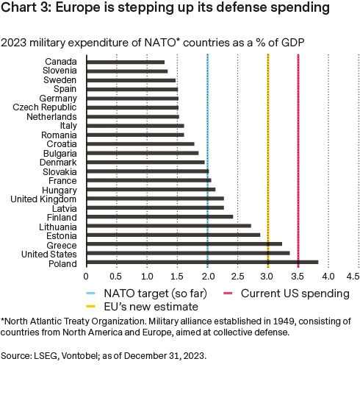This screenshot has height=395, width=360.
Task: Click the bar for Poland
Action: click(202, 262)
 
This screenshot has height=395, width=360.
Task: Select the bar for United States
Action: click(188, 252)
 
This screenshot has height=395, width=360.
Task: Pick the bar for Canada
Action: click(126, 61)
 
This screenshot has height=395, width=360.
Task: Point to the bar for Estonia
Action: click(173, 235)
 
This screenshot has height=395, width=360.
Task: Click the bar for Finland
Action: click(159, 216)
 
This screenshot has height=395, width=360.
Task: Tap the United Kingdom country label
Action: click(43, 199)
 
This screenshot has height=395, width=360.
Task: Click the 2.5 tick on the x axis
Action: click(237, 276)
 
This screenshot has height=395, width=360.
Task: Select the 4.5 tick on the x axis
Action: click(353, 276)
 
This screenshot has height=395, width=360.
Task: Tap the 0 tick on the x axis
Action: click(87, 276)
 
